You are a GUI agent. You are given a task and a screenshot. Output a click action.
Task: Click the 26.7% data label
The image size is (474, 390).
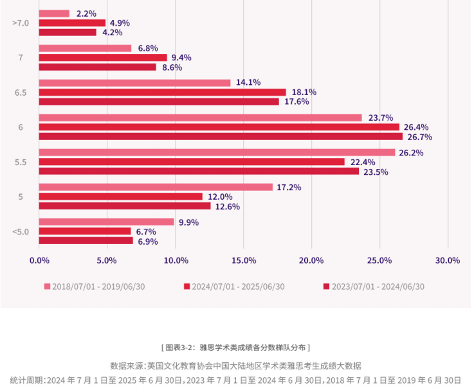tap(418, 137)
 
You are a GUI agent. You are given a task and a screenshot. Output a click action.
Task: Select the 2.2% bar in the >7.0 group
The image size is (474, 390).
tap(54, 13)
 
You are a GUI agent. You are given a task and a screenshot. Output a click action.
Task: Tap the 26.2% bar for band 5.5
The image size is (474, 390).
tap(217, 152)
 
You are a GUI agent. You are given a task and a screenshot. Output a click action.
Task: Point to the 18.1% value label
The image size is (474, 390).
tap(304, 93)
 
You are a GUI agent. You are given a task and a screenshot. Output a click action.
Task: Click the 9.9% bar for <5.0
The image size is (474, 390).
tap(106, 222)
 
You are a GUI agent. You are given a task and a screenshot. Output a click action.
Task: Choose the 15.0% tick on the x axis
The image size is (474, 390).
tap(243, 260)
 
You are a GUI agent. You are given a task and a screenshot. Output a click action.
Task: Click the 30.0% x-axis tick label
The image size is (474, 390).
tap(447, 260)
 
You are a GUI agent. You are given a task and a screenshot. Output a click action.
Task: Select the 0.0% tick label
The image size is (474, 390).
tap(39, 260)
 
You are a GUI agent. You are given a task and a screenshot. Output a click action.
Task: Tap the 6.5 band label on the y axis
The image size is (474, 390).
tap(21, 93)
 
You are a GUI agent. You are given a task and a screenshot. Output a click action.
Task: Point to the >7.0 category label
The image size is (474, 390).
tap(21, 23)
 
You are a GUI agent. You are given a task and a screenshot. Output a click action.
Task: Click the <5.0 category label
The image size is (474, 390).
tap(21, 231)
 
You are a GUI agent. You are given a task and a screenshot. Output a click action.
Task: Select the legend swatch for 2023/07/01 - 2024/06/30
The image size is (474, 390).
tap(326, 287)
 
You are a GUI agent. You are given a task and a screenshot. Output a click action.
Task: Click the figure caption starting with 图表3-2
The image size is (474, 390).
tap(237, 348)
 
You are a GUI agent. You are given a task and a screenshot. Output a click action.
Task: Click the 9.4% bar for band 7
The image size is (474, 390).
tap(103, 58)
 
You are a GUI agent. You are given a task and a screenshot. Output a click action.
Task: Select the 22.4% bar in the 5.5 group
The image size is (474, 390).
tap(192, 162)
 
